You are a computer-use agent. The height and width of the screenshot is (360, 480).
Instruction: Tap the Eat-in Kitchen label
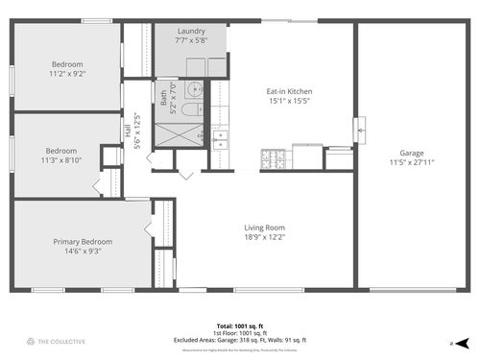(x=289, y=92)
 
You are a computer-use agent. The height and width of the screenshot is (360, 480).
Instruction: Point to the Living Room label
(x=262, y=227)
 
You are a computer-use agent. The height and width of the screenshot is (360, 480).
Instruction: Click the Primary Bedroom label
(x=82, y=241)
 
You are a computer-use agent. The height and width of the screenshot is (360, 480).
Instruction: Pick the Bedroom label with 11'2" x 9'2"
(x=67, y=64)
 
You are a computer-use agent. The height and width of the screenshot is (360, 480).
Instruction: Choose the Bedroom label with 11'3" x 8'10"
(x=61, y=151)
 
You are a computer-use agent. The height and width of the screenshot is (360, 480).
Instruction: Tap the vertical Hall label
(x=127, y=131)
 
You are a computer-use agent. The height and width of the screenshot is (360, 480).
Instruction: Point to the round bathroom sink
(x=196, y=91)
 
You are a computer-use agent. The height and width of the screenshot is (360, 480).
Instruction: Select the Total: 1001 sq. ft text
(x=239, y=324)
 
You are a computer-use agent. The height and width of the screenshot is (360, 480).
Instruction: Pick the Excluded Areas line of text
(x=239, y=338)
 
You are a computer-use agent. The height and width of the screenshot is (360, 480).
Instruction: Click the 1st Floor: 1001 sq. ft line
(x=239, y=331)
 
